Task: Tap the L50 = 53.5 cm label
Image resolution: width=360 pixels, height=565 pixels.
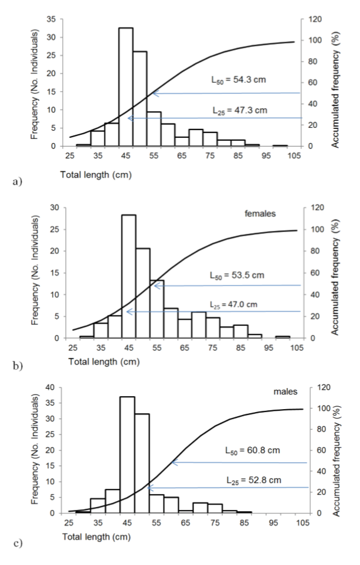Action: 234,275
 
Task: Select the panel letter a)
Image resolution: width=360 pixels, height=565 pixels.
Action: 16,182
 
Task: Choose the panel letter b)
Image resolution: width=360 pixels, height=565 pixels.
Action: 16,367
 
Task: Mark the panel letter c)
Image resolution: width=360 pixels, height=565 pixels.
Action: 16,542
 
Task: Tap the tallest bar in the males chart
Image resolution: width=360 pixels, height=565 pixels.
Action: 127,455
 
